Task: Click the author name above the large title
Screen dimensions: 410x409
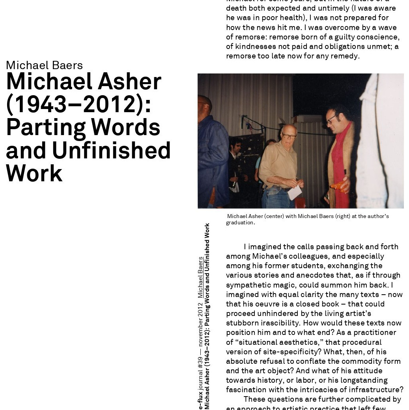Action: (x=44, y=65)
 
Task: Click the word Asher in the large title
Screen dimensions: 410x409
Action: (x=129, y=82)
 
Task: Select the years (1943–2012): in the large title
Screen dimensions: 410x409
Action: (x=78, y=104)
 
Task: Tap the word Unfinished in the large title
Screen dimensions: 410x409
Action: (x=111, y=150)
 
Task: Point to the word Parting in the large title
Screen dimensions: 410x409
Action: (x=45, y=128)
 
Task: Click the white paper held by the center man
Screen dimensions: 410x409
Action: (x=295, y=192)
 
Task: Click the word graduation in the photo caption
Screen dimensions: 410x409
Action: (x=240, y=223)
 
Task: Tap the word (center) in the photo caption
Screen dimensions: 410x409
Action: (x=274, y=216)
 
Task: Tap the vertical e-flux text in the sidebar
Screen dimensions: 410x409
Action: (x=200, y=400)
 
